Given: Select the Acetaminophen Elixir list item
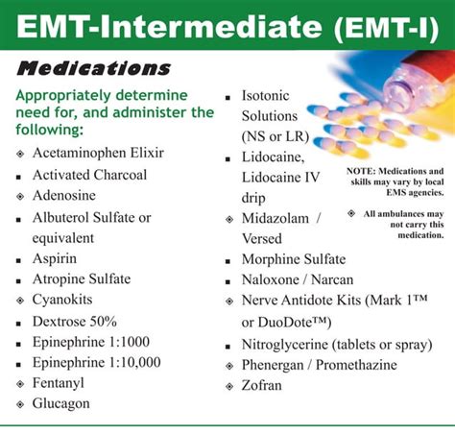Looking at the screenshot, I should pos(97,155).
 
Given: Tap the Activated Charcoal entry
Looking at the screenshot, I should pos(89,175).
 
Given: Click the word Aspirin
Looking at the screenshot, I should pos(55,258).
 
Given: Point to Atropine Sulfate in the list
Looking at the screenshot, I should pos(81,278).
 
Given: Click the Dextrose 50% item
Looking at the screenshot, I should pos(75,321).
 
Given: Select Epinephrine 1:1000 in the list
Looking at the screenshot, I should pos(90,341).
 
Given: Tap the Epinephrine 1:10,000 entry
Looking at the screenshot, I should pos(96,362).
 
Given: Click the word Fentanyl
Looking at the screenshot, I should pos(60,383).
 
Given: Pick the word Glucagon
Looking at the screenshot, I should pos(60,403).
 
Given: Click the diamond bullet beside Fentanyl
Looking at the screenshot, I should pos(20,384).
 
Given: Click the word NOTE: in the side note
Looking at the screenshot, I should pos(361,171).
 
